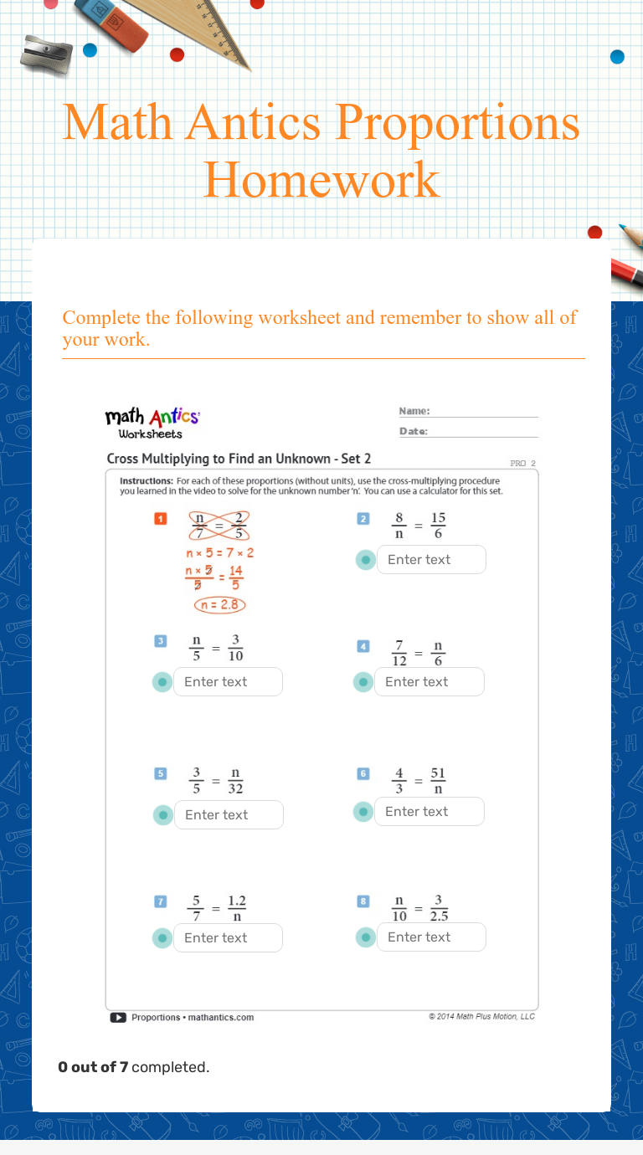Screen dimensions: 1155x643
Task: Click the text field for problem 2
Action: [x=431, y=560]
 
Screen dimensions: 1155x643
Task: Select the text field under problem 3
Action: [x=228, y=682]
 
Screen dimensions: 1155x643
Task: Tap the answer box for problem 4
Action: [x=429, y=682]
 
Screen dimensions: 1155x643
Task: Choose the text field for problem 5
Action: [x=229, y=815]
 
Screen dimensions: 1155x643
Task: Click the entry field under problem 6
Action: [x=429, y=812]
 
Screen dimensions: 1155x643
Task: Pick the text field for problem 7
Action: [x=228, y=938]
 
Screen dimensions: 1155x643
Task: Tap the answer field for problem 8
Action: [x=431, y=937]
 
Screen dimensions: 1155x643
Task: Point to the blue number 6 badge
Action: [x=363, y=774]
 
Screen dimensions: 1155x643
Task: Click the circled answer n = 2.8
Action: [x=219, y=604]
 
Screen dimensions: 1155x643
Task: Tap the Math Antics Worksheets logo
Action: [x=152, y=423]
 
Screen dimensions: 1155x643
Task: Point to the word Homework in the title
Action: [x=321, y=178]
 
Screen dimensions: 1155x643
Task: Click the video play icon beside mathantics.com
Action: [x=118, y=1018]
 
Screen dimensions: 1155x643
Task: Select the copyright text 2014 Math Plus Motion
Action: [x=481, y=1017]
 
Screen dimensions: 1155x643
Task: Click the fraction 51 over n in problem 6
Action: [x=438, y=782]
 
